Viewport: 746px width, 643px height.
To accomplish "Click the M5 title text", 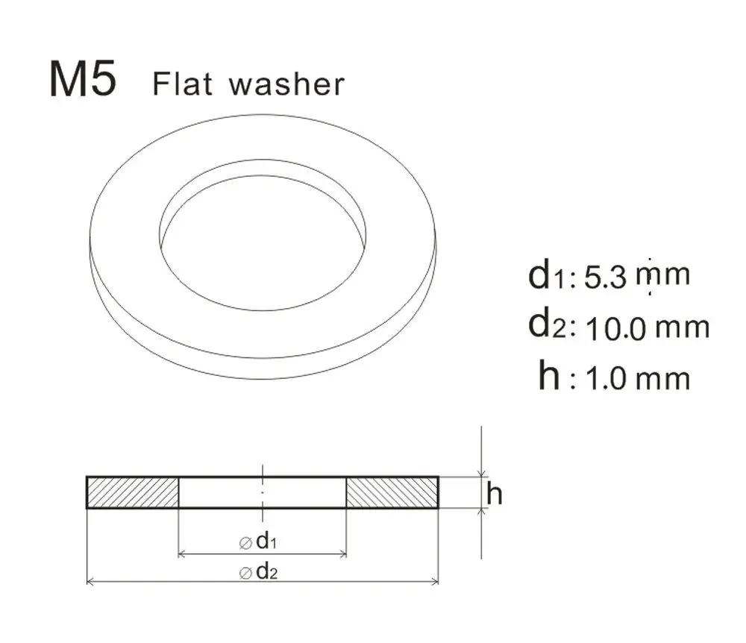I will (83, 80).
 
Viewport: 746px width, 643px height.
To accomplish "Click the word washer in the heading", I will (286, 84).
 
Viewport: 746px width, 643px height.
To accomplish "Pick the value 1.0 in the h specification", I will (606, 378).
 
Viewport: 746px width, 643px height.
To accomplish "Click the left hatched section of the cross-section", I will (134, 492).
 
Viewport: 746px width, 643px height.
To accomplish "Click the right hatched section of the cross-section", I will (392, 492).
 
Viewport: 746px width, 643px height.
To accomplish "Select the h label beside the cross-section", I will (494, 492).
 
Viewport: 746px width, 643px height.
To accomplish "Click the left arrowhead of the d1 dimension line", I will (182, 554).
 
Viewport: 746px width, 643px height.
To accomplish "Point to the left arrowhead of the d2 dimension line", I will (91, 581).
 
